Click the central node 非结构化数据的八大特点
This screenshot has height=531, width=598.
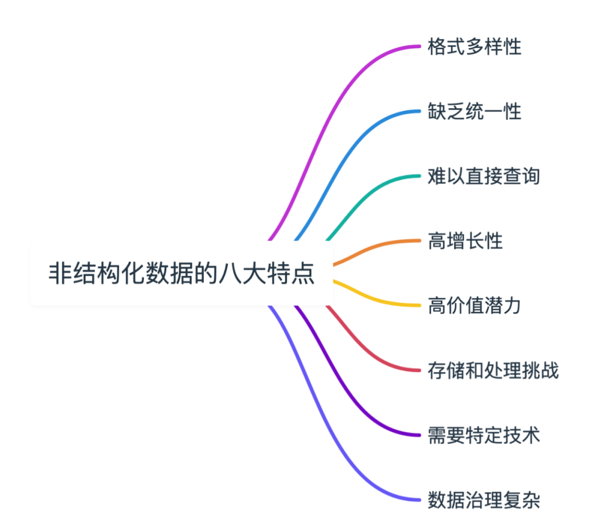[182, 273]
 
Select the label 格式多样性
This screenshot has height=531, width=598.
[475, 47]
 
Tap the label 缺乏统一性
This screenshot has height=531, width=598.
[475, 112]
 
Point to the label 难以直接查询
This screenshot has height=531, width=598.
[484, 177]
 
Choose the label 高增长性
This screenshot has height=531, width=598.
[465, 241]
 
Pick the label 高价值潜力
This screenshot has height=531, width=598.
[475, 305]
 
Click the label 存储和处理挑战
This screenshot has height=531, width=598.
[493, 370]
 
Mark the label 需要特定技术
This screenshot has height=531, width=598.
[484, 435]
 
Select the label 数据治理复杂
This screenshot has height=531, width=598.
[484, 501]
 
